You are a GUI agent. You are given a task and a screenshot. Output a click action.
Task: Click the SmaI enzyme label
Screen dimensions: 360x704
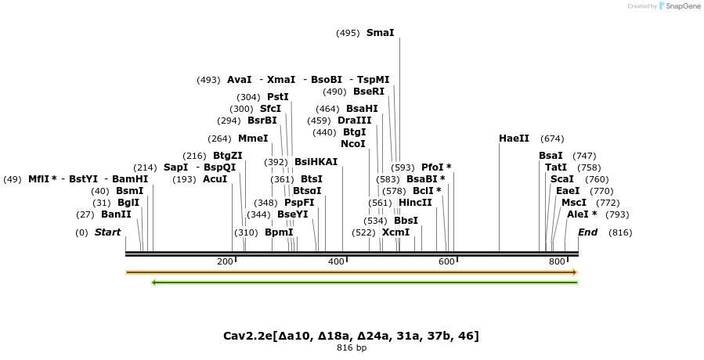(380, 33)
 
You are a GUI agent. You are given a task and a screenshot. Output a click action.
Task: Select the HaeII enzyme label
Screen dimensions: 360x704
(514, 139)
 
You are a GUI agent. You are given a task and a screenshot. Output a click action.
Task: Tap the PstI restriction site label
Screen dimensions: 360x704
(278, 97)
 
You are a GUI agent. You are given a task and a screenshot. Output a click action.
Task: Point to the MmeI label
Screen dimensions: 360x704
(253, 139)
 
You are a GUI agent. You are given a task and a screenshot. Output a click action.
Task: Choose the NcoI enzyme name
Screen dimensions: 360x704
(353, 144)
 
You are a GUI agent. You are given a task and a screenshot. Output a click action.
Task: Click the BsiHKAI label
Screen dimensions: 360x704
(316, 162)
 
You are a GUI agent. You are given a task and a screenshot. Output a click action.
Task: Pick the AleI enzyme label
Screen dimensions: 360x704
(582, 214)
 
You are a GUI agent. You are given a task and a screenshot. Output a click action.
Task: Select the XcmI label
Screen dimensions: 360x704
(395, 232)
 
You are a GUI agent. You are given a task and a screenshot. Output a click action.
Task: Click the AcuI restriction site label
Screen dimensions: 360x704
(215, 179)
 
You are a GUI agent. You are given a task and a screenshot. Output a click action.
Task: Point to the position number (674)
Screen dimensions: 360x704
(552, 139)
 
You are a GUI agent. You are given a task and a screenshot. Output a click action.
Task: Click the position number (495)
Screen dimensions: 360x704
(348, 33)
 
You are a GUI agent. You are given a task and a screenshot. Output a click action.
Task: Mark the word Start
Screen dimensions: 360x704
(107, 232)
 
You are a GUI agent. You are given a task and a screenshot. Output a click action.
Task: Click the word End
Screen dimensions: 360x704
(588, 232)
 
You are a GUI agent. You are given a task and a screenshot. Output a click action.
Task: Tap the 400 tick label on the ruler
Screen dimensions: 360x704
(336, 261)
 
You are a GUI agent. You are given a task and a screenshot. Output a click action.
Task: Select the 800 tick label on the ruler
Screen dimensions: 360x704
(557, 261)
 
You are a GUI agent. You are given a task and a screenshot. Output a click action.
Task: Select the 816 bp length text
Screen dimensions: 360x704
(351, 347)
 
